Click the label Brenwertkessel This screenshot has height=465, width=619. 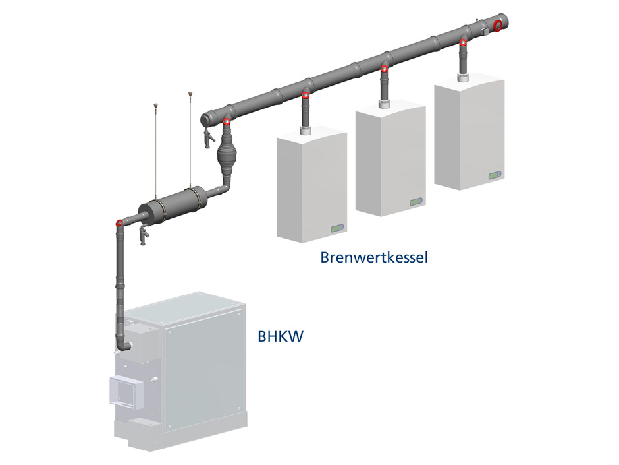(x=374, y=257)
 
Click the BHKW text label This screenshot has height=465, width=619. (x=281, y=337)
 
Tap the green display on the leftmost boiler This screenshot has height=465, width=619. (x=336, y=228)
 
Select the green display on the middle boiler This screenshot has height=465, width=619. (x=416, y=202)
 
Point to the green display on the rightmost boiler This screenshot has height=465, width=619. (x=495, y=175)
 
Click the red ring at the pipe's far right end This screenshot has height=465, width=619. (x=498, y=26)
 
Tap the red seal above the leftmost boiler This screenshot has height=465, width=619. (x=305, y=97)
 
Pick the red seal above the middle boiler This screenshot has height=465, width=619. (x=383, y=70)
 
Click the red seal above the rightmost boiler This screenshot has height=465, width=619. (x=463, y=44)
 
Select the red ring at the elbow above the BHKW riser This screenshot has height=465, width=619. (x=119, y=223)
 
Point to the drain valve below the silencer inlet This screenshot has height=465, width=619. (x=144, y=233)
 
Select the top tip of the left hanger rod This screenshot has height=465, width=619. (x=156, y=104)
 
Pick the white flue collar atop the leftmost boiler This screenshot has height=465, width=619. (x=305, y=130)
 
